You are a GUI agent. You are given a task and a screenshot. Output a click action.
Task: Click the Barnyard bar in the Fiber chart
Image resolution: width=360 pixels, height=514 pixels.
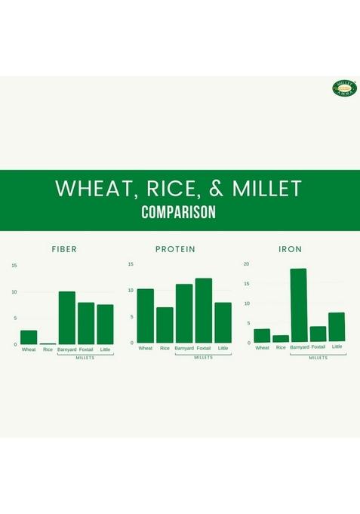(66, 318)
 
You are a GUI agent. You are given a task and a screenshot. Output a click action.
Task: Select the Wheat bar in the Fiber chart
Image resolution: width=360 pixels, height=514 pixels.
(29, 337)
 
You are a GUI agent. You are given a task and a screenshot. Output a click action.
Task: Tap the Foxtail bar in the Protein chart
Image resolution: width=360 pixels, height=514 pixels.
(203, 310)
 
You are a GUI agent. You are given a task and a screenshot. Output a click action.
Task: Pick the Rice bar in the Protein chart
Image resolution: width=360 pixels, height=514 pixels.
(165, 325)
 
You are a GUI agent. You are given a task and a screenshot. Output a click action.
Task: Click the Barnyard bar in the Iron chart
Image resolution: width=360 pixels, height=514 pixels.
(298, 305)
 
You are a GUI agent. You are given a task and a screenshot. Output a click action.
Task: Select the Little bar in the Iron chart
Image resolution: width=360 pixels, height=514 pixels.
(337, 327)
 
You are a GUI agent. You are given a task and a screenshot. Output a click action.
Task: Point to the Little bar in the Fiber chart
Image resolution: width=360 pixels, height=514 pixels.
(105, 325)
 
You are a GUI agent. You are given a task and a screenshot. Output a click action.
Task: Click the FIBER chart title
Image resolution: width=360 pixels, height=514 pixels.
(66, 248)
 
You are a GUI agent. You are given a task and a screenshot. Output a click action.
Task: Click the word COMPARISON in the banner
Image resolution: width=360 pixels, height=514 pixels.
(179, 212)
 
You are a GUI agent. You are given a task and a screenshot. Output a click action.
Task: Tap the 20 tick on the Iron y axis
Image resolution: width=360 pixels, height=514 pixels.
(246, 263)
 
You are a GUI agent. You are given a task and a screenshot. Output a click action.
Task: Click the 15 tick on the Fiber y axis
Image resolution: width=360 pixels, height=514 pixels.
(14, 266)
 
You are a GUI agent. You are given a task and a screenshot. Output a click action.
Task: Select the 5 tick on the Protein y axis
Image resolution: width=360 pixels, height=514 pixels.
(131, 316)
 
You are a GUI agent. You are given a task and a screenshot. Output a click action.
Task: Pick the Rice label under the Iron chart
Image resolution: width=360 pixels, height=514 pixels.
(281, 348)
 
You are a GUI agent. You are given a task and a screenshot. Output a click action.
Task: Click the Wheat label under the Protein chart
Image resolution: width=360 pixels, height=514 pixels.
(146, 348)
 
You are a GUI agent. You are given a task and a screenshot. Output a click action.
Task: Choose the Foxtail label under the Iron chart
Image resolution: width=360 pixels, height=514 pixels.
(318, 347)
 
